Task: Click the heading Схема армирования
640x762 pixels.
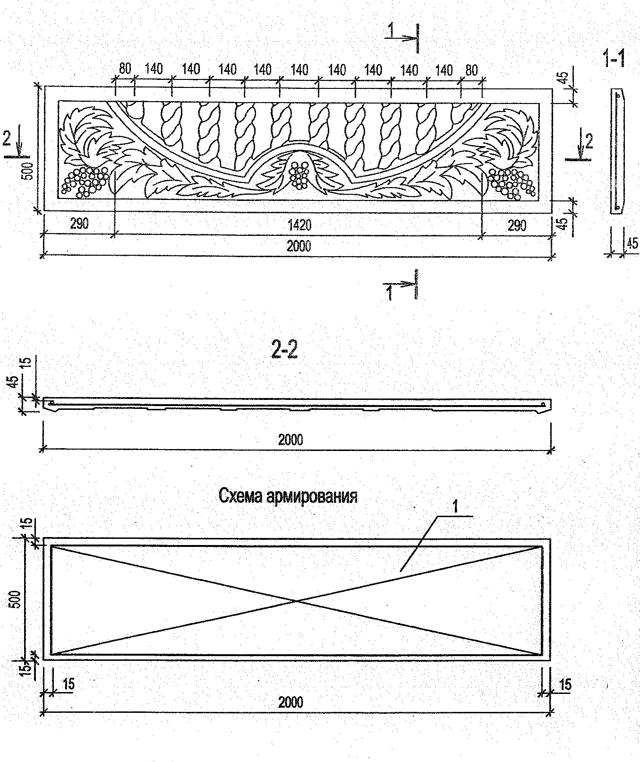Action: click(288, 496)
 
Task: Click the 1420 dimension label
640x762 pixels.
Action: click(299, 225)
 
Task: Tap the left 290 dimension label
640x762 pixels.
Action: click(79, 224)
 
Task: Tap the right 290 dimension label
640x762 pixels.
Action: click(516, 225)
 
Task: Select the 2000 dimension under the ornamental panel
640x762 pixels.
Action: click(299, 246)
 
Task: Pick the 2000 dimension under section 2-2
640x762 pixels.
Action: click(290, 440)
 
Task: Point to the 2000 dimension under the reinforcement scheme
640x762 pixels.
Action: click(290, 701)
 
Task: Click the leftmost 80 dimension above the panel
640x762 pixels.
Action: click(125, 69)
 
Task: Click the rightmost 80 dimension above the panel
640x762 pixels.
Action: click(471, 70)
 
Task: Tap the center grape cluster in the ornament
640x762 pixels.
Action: click(299, 174)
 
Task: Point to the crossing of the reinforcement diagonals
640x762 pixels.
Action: click(297, 601)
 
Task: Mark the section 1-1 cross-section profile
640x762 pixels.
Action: click(617, 151)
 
